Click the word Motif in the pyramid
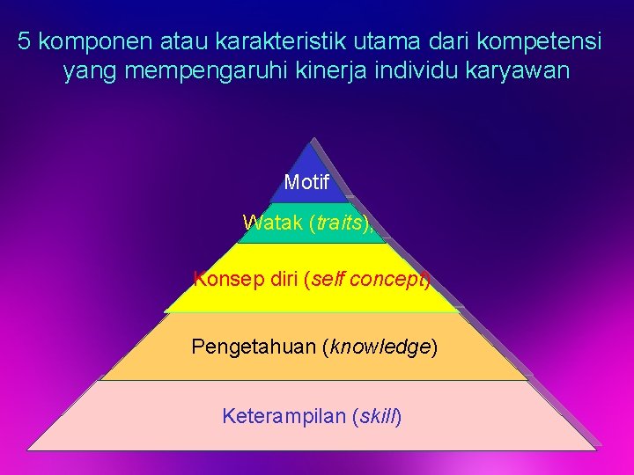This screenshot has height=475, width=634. point(306,183)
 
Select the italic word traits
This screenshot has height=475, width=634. point(339,223)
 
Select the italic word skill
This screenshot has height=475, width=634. point(376,415)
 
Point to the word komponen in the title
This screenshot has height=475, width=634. point(96,40)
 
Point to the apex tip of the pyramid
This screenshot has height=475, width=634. point(310,140)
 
